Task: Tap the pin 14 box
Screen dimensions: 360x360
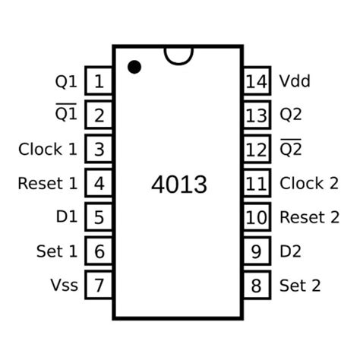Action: point(257,81)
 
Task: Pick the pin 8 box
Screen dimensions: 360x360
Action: point(257,286)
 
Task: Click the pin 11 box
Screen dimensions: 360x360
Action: point(257,183)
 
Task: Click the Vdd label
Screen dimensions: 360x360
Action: point(295,81)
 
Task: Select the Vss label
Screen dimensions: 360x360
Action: point(64,286)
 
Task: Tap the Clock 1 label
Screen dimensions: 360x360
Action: point(48,149)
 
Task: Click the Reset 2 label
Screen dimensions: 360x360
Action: point(309,217)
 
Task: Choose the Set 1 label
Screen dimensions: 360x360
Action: point(56,251)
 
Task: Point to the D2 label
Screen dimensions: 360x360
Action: point(291,251)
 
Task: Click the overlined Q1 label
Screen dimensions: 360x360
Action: point(66,115)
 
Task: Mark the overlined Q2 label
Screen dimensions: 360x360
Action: point(291,149)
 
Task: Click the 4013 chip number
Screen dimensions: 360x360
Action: point(178,185)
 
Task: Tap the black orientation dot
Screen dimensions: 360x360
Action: point(134,67)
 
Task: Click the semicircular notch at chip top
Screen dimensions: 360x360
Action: point(178,54)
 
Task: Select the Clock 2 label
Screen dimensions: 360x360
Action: point(309,183)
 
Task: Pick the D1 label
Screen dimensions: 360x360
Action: point(66,217)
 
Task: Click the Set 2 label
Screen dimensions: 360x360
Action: point(300,286)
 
